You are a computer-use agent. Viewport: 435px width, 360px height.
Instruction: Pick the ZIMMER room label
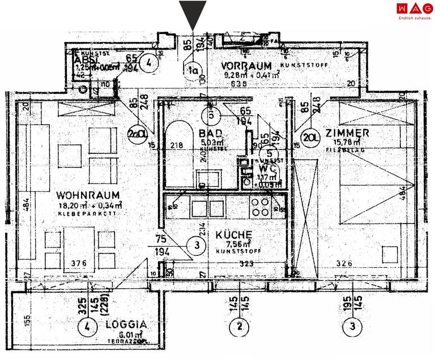pos(348,133)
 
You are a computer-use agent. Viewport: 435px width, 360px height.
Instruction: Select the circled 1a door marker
pos(194,70)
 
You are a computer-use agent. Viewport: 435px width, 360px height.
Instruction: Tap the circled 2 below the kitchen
pos(240,326)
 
